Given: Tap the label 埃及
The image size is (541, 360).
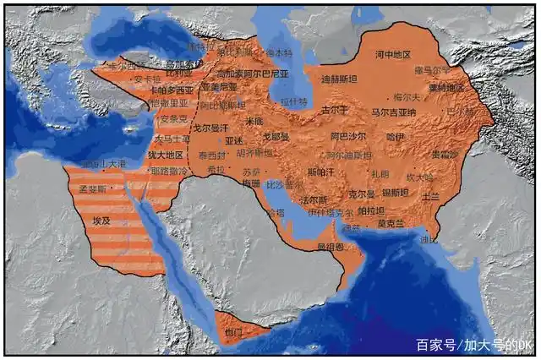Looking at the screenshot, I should [101, 220].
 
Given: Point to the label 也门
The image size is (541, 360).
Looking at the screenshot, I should [234, 332].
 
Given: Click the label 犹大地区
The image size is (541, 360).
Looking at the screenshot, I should [165, 155].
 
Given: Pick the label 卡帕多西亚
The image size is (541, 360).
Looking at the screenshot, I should [172, 90].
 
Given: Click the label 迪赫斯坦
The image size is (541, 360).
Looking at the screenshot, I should [339, 79].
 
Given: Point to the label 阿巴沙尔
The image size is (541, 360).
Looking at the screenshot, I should [348, 136].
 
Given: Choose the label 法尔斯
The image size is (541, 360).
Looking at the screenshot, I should [314, 200].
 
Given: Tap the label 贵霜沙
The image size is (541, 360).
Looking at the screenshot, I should [445, 155].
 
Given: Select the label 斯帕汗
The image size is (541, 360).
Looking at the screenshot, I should [320, 172].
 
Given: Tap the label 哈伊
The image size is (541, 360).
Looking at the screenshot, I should [396, 136].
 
